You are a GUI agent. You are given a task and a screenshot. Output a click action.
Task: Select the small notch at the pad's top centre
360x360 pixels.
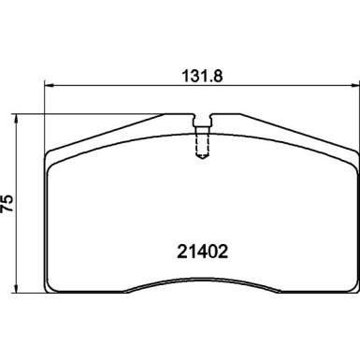(201, 121)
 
